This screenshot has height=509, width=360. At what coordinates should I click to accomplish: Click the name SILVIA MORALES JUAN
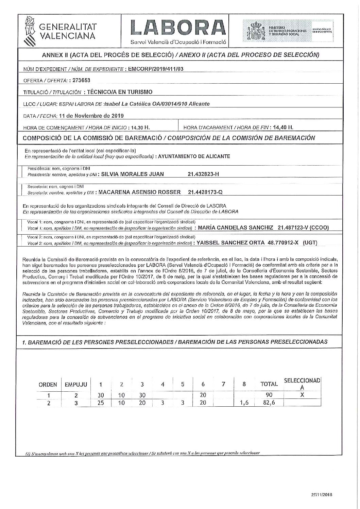tap(131, 174)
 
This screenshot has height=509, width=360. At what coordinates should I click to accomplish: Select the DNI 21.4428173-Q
tap(205, 192)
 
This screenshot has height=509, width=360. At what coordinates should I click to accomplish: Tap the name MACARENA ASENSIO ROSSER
tap(139, 192)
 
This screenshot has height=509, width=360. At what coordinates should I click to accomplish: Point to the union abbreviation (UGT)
tap(310, 242)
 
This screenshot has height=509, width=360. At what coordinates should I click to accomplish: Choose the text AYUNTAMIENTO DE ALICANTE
tap(194, 156)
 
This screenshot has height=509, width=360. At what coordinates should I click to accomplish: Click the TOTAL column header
tap(269, 384)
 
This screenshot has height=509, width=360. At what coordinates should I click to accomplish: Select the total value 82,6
tap(269, 403)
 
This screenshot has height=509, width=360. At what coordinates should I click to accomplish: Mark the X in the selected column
tap(302, 395)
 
